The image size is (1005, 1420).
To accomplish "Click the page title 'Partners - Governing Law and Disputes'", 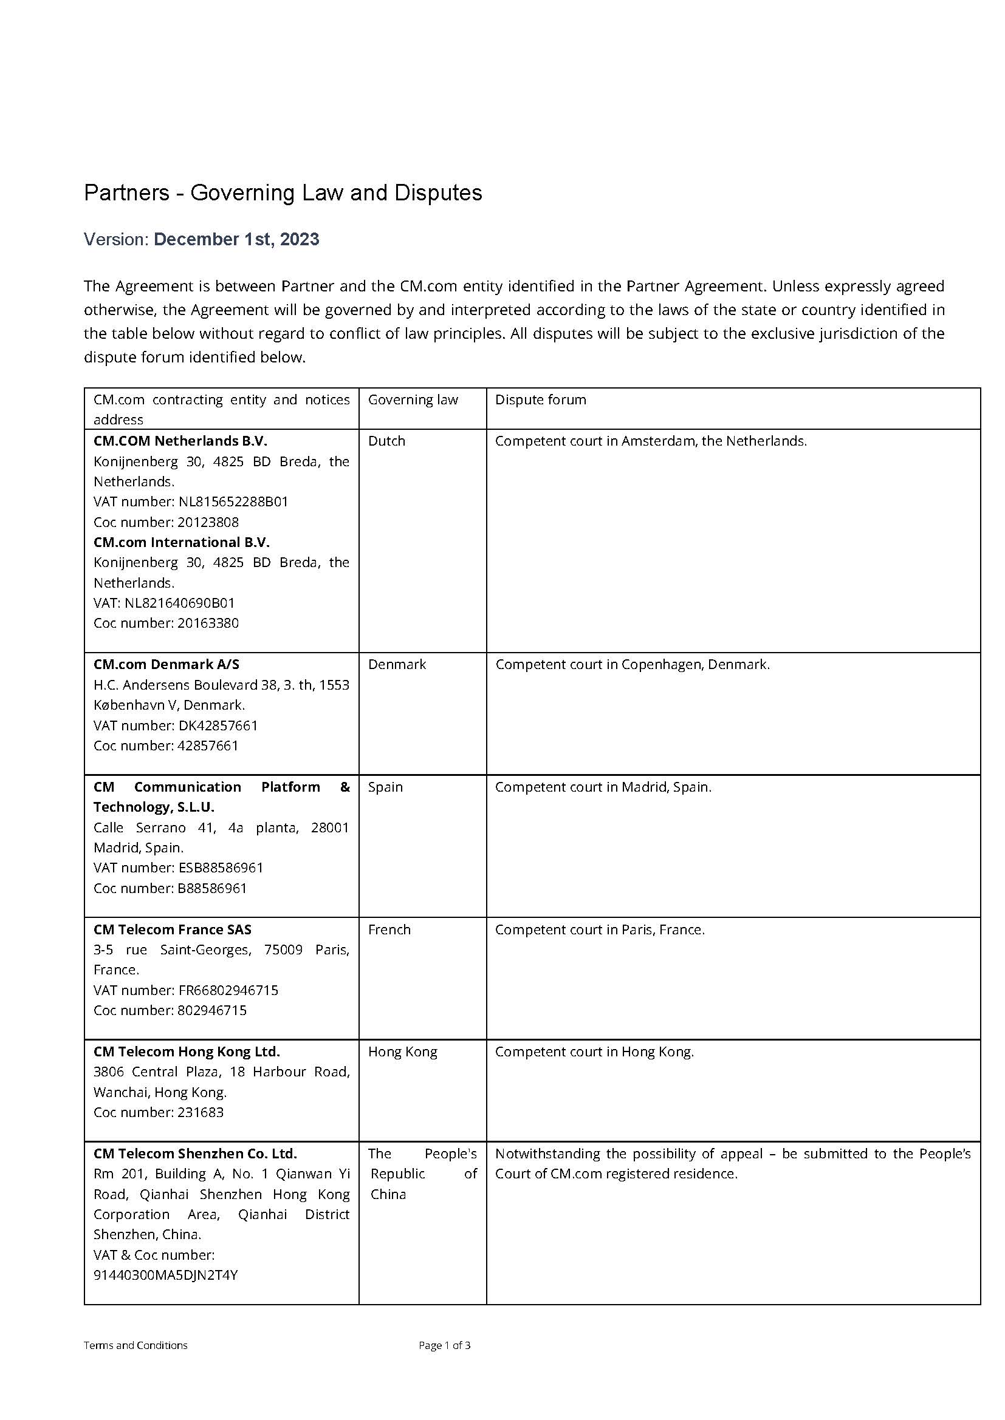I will pos(283,193).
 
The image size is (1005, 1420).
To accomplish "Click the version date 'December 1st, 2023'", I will pos(236,239).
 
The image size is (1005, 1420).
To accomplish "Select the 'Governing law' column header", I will pos(413,399).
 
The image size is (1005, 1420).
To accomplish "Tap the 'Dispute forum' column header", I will pos(540,399).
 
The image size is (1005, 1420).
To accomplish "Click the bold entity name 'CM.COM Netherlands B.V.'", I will pos(180,441).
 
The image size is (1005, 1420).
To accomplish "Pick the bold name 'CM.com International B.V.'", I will pos(181,542).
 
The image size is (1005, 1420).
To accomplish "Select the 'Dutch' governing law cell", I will pos(386,441).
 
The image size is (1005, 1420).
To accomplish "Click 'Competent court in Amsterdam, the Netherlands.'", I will pos(650,441).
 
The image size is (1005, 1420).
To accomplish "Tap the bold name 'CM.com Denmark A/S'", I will pos(166,664).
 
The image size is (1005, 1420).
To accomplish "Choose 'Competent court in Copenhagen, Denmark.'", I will pos(633,664).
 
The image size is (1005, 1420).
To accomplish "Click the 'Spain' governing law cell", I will pos(385,787).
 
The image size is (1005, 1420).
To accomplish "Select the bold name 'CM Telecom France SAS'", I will pos(172,929).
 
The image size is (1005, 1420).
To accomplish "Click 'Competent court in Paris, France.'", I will pos(600,929).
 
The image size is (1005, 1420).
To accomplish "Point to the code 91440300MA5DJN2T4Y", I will pos(165,1275).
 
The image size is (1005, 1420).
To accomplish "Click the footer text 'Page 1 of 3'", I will pos(444,1345).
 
